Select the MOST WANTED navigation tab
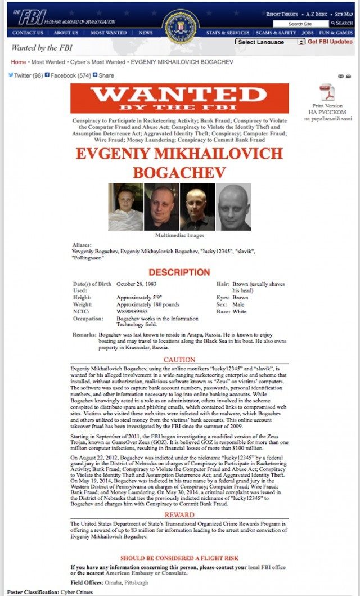109,33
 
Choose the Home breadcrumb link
19,62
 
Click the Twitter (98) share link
25,75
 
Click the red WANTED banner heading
179,98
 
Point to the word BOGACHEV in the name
179,171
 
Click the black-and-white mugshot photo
233,207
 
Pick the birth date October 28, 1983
138,285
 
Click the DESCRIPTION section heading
179,272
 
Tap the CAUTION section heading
179,360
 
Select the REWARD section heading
179,515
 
